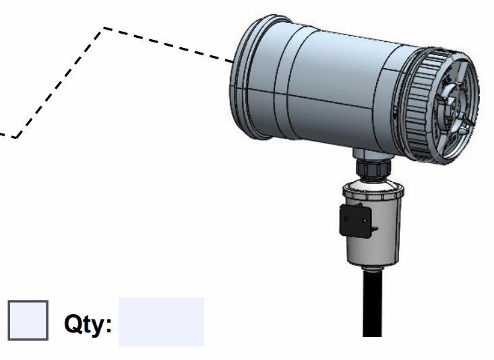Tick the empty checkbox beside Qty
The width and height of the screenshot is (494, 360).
pyautogui.click(x=28, y=320)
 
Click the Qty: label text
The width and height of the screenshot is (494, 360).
pyautogui.click(x=88, y=324)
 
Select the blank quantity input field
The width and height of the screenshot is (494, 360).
pyautogui.click(x=161, y=322)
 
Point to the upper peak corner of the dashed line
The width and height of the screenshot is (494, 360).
pyautogui.click(x=103, y=28)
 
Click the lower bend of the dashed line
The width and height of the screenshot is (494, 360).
pyautogui.click(x=16, y=138)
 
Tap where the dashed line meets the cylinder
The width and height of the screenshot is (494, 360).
pyautogui.click(x=233, y=61)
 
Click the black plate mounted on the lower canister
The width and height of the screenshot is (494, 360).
pyautogui.click(x=355, y=220)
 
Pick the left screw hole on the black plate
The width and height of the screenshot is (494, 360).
pyautogui.click(x=346, y=218)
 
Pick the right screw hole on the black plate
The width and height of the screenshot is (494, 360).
pyautogui.click(x=365, y=221)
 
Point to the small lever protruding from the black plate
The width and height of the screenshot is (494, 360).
pyautogui.click(x=375, y=229)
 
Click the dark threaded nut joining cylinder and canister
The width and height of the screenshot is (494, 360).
pyautogui.click(x=373, y=168)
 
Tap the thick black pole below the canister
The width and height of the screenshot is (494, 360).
pyautogui.click(x=373, y=303)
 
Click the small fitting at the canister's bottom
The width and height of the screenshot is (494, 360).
pyautogui.click(x=373, y=268)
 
